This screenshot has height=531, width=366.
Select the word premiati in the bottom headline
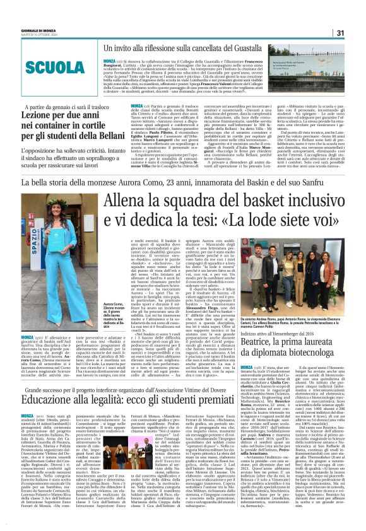221,419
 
